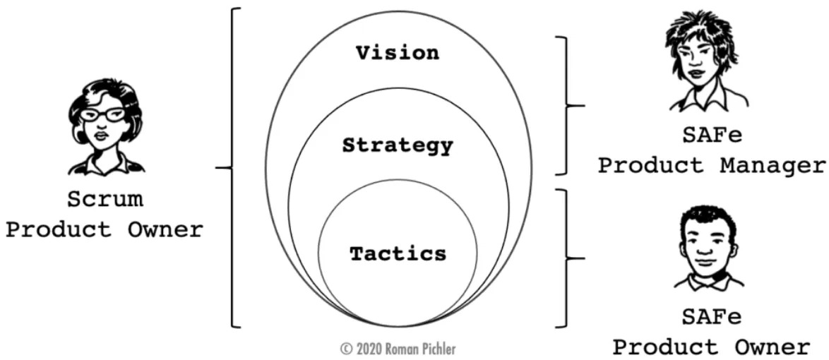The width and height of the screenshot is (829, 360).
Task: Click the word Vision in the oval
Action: coord(397,53)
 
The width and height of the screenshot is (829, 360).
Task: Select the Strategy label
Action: coord(397,146)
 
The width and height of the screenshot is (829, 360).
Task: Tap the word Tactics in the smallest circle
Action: coord(398,253)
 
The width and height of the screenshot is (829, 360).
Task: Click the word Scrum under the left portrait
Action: coord(105,200)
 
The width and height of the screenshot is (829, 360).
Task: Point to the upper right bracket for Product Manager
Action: coord(566,105)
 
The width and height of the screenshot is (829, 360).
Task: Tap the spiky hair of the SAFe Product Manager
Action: coord(699,28)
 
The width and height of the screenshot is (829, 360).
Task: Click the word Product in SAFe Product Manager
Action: coord(650,166)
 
